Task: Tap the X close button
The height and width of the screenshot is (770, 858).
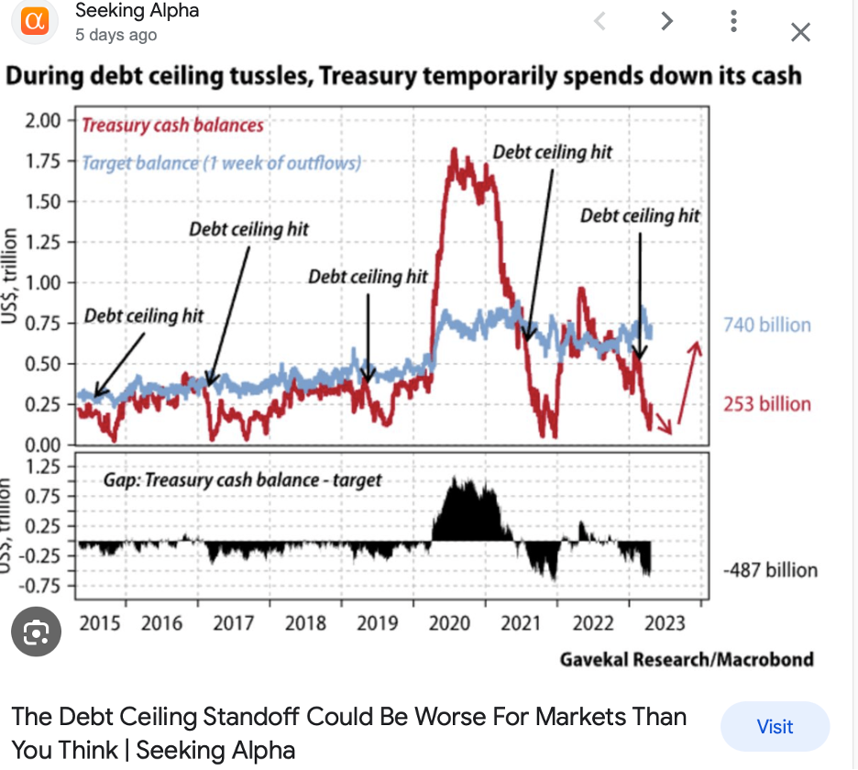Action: click(800, 33)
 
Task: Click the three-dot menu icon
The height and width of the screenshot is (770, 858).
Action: click(733, 22)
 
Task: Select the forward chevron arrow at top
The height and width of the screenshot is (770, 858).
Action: click(667, 21)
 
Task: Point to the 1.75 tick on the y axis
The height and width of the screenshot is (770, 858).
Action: click(43, 161)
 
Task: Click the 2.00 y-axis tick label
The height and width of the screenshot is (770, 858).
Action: click(43, 121)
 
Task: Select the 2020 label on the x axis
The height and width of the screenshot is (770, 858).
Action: click(449, 623)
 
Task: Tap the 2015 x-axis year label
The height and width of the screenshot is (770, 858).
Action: click(100, 623)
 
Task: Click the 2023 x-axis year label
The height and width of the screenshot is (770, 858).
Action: click(665, 623)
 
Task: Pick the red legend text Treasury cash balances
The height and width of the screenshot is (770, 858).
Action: click(172, 126)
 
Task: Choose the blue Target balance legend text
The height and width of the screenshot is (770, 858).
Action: click(221, 163)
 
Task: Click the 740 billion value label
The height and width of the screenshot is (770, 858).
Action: click(767, 324)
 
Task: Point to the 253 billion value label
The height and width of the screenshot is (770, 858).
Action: click(767, 404)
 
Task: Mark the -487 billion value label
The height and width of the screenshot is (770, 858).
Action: click(770, 570)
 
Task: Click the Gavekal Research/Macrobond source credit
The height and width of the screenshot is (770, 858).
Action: click(687, 658)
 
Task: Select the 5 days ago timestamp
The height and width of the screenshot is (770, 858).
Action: click(116, 35)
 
